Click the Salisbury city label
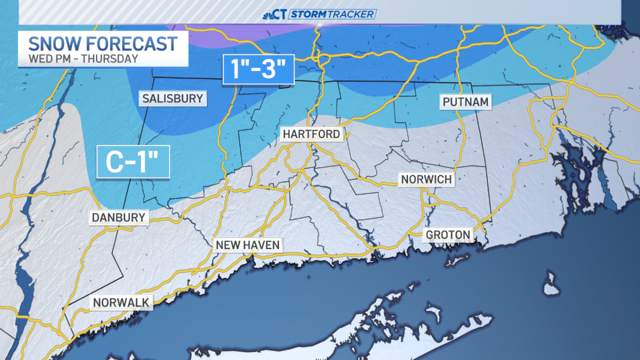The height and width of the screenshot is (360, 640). (x=172, y=99)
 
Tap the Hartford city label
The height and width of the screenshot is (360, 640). (x=311, y=134)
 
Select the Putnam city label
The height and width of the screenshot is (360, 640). (x=465, y=101)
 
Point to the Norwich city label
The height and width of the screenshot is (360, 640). (x=427, y=179)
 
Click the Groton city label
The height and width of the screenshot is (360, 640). (x=448, y=235)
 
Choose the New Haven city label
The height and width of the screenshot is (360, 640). (x=247, y=245)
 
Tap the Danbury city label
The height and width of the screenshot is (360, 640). (x=118, y=217)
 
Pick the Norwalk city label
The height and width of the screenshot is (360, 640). (x=121, y=302)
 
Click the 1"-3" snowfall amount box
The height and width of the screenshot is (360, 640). (x=259, y=69)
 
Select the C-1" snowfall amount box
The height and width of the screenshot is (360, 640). (x=133, y=162)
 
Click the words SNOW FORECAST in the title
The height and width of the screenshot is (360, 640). (x=103, y=44)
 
